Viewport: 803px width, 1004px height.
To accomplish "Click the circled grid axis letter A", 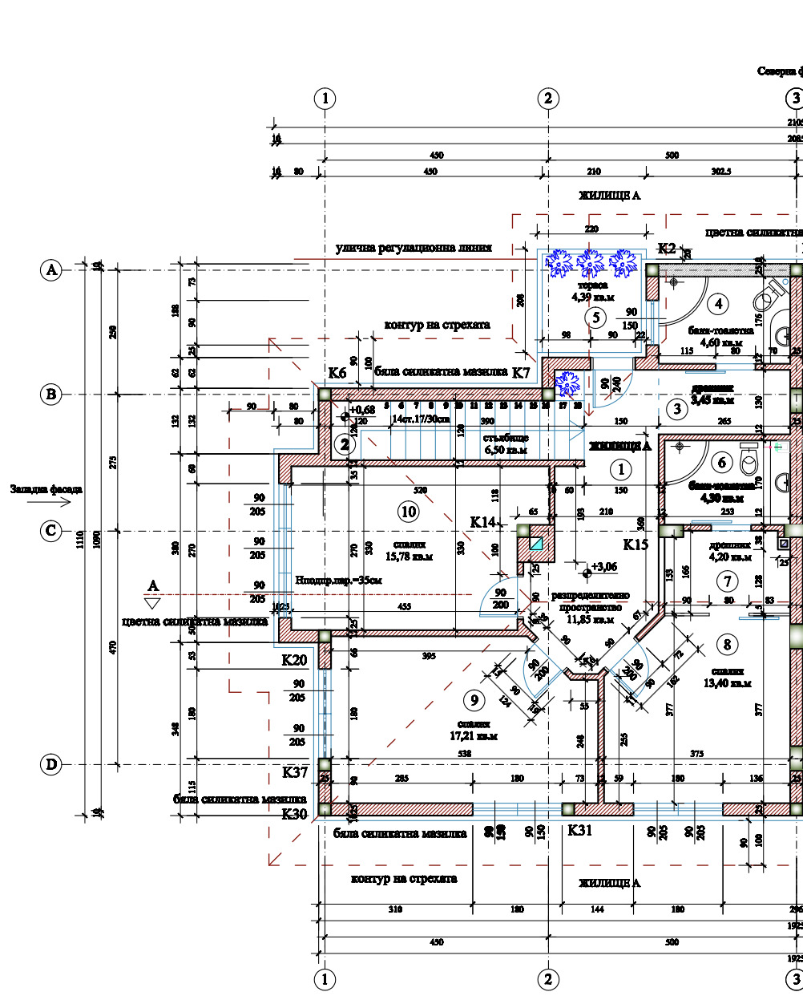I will pyautogui.click(x=51, y=270).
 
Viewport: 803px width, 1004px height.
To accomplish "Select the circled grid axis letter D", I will pyautogui.click(x=51, y=764).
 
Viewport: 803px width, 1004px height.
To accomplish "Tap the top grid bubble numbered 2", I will pyautogui.click(x=547, y=99).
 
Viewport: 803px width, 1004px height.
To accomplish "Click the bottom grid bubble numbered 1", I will pyautogui.click(x=325, y=979).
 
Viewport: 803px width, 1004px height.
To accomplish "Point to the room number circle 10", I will pyautogui.click(x=408, y=511).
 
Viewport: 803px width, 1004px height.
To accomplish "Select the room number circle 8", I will pyautogui.click(x=728, y=643).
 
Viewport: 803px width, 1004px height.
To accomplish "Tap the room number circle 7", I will pyautogui.click(x=727, y=581).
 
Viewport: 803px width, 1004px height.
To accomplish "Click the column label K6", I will pyautogui.click(x=337, y=374).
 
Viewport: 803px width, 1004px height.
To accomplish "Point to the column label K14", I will pyautogui.click(x=483, y=522).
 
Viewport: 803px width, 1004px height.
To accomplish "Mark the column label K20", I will pyautogui.click(x=294, y=661).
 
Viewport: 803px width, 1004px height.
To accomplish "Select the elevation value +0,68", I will pyautogui.click(x=361, y=410).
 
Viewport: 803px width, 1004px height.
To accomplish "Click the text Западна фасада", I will pyautogui.click(x=46, y=489).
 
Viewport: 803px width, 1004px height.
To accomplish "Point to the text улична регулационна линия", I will pyautogui.click(x=413, y=249).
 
